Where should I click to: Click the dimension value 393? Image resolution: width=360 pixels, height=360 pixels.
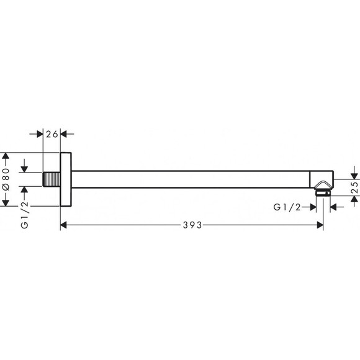tap(192, 225)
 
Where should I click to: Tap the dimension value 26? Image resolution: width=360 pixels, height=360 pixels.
tap(52, 134)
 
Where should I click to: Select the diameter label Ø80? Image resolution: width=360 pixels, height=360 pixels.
tap(6, 179)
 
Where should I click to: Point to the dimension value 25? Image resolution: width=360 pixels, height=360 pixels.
tap(354, 187)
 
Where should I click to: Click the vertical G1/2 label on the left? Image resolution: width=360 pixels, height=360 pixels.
tap(25, 215)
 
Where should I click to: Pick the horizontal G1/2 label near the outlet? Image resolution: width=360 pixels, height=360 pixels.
tap(287, 207)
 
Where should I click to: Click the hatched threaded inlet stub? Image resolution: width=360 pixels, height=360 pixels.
tap(52, 179)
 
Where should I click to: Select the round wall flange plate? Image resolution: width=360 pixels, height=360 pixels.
tap(66, 179)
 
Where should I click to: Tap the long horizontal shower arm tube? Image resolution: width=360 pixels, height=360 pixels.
tap(191, 179)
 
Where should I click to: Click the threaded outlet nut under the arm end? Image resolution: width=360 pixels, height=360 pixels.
tap(323, 192)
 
